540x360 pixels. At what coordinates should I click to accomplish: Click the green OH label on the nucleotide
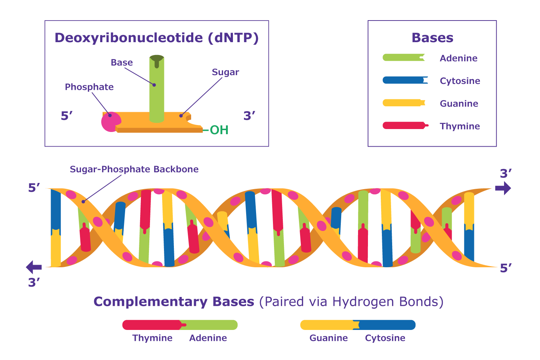(219, 130)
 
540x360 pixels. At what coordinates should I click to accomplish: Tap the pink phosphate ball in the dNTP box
(111, 122)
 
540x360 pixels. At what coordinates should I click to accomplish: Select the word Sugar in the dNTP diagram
(225, 72)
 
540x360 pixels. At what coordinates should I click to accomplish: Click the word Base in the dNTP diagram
(122, 62)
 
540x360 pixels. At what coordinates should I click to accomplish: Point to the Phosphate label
(89, 87)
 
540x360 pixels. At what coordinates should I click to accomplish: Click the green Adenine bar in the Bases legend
(404, 58)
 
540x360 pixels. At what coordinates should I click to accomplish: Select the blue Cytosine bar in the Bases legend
(405, 80)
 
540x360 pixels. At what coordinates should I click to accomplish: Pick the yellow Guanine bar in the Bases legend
(404, 103)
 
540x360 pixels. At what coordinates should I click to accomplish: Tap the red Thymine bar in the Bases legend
(405, 125)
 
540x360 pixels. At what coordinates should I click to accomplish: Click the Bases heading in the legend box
(432, 38)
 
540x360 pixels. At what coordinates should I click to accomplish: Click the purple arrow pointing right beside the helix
(503, 188)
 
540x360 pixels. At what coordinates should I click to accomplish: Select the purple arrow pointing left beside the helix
(34, 267)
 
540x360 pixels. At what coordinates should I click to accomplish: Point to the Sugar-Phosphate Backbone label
(134, 169)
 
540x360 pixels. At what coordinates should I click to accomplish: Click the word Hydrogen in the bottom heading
(364, 302)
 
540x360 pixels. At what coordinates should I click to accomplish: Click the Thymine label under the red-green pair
(152, 338)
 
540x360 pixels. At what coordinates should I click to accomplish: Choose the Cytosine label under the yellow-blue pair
(385, 338)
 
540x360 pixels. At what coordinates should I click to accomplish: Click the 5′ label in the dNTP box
(66, 116)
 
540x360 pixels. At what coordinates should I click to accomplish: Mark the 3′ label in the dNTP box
(249, 116)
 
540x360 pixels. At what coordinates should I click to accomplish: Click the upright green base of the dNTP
(157, 89)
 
